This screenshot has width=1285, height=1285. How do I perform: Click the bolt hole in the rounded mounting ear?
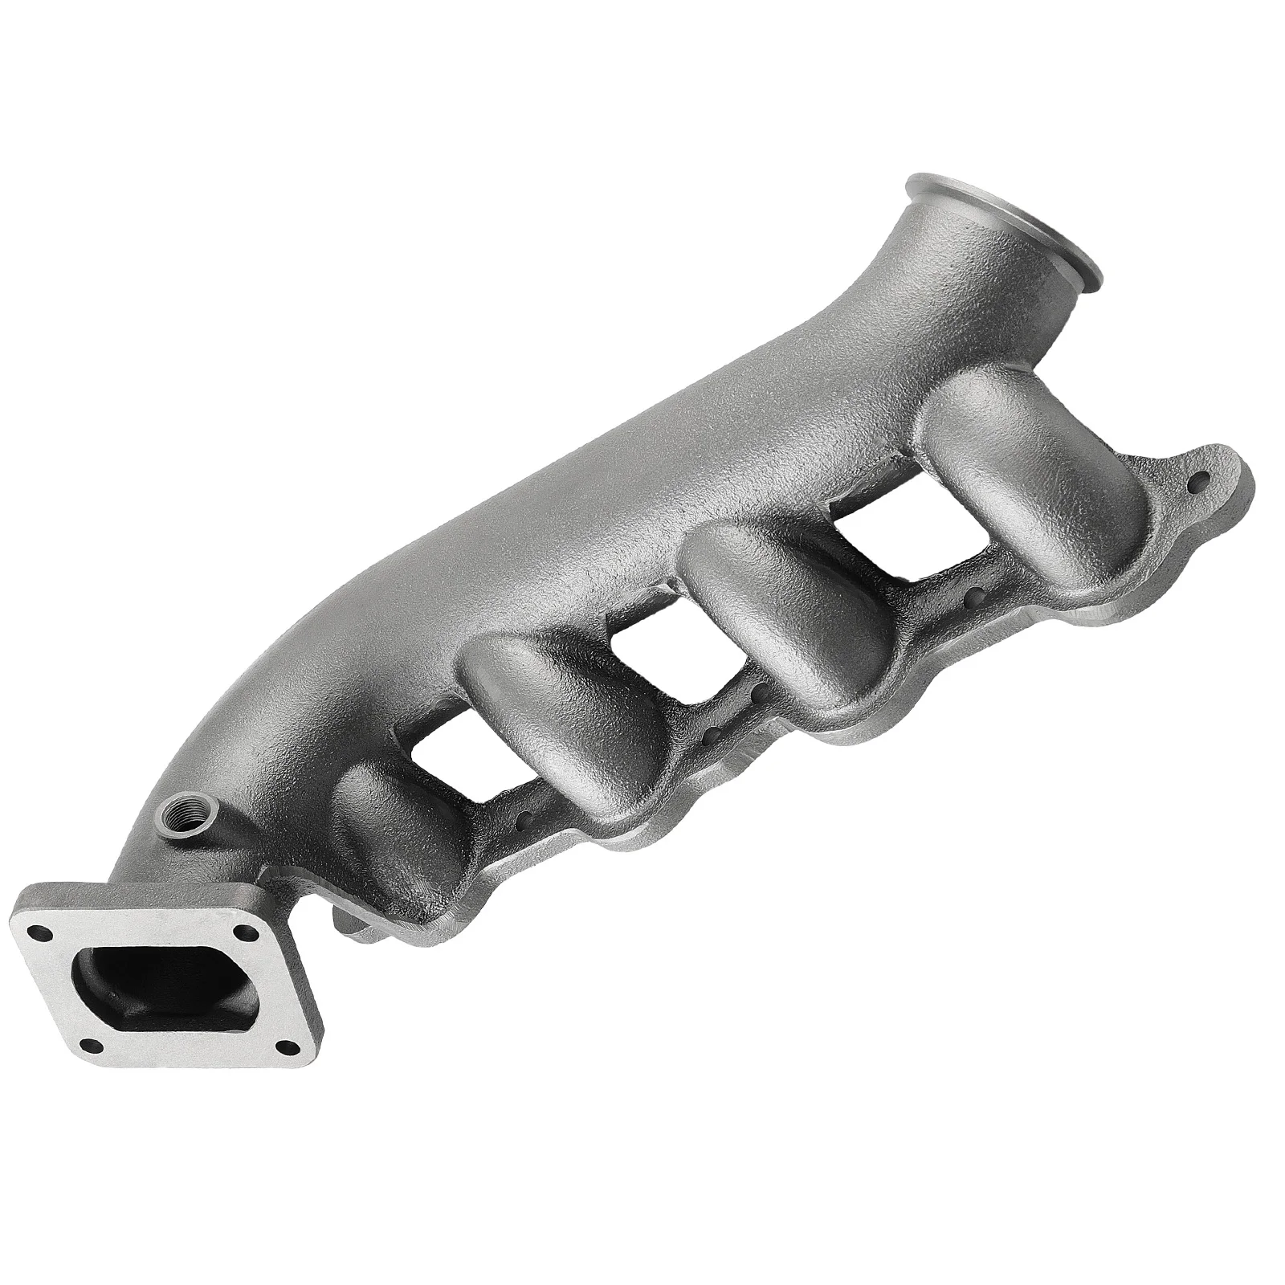coord(1201,482)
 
